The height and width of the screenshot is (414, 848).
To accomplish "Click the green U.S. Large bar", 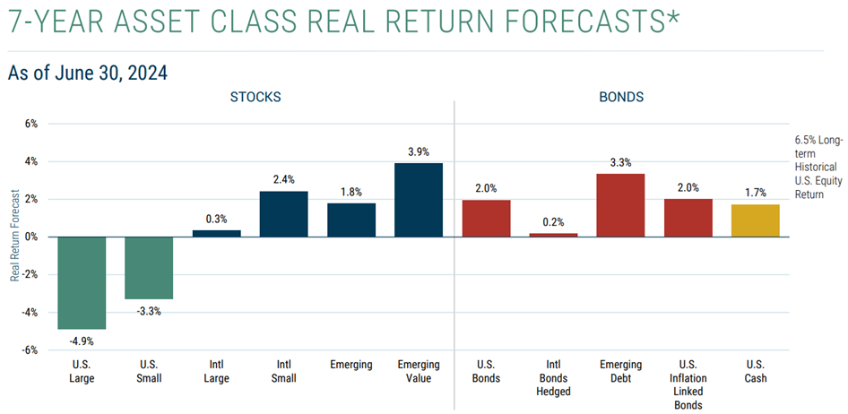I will tap(82, 282).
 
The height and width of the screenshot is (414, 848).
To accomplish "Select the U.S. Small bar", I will tap(149, 267).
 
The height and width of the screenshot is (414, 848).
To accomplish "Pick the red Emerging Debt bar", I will tap(620, 205).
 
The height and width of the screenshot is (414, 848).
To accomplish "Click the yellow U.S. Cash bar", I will tap(755, 220).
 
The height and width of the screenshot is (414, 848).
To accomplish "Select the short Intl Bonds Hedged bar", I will tap(552, 235).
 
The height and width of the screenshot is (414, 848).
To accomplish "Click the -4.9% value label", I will tap(82, 341).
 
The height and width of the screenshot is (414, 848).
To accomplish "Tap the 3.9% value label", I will tap(418, 152).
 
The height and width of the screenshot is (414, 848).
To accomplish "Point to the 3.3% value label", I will tap(620, 163).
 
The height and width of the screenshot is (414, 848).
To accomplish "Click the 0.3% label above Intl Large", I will tap(216, 219).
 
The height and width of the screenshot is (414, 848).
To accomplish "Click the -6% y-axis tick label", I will tap(30, 350).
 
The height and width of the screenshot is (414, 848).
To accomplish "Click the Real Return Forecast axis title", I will tap(14, 237).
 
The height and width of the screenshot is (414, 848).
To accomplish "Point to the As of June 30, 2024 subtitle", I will tap(87, 73).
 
